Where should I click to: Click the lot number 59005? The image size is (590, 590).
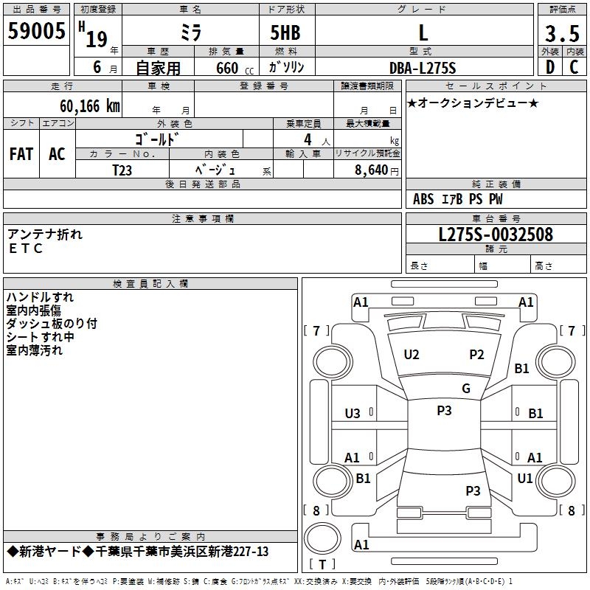(x=36, y=31)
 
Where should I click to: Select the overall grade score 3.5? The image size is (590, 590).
(x=562, y=33)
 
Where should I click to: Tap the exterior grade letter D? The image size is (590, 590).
(x=550, y=67)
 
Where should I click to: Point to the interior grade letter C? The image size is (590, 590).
(x=574, y=67)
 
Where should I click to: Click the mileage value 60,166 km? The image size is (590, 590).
(x=90, y=106)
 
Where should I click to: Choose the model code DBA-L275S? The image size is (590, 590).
(x=423, y=68)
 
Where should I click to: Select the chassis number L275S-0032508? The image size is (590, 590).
(x=496, y=235)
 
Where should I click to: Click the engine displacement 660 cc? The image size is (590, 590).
(x=235, y=68)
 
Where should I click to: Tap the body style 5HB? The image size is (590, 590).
(x=285, y=32)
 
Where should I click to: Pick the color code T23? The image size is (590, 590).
(x=122, y=170)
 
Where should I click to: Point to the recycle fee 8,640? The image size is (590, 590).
(x=371, y=170)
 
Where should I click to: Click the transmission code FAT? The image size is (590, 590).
(x=21, y=154)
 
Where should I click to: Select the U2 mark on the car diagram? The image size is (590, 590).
(x=412, y=355)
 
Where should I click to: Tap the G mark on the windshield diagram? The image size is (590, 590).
(x=466, y=389)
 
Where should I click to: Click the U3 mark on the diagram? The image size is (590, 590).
(x=353, y=414)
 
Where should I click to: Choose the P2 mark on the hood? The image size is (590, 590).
(x=476, y=355)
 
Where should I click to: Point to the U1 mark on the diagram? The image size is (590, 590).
(x=525, y=478)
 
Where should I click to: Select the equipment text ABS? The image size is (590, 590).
(x=423, y=199)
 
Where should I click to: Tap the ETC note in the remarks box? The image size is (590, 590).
(x=26, y=249)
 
